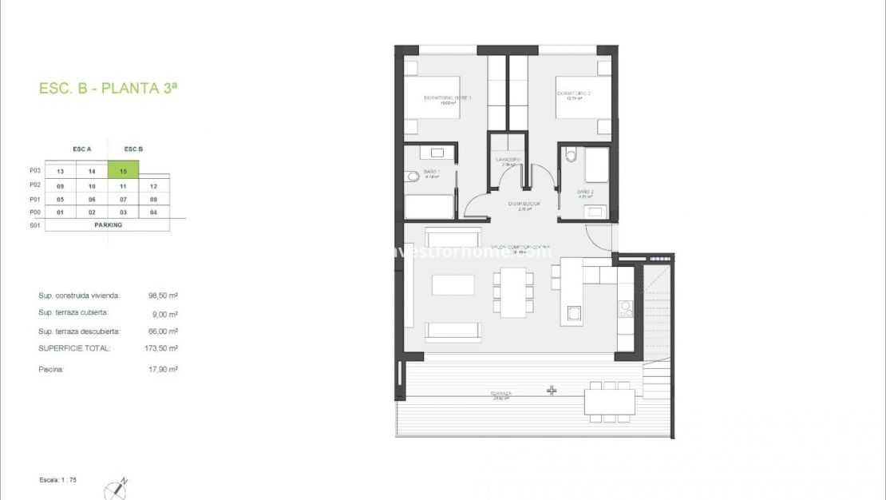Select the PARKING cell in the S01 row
pyautogui.click(x=107, y=224)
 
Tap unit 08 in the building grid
pyautogui.click(x=153, y=199)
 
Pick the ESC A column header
pyautogui.click(x=82, y=149)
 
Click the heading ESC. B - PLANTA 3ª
pyautogui.click(x=108, y=89)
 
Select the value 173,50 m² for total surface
pyautogui.click(x=163, y=348)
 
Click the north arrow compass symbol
pyautogui.click(x=117, y=489)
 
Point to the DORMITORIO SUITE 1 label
pyautogui.click(x=448, y=98)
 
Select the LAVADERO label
pyautogui.click(x=508, y=160)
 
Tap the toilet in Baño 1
pyautogui.click(x=411, y=177)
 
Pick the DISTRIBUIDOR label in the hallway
pyautogui.click(x=524, y=204)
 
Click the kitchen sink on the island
pyautogui.click(x=574, y=313)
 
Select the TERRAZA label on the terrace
pyautogui.click(x=502, y=394)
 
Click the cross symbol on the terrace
pyautogui.click(x=551, y=391)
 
